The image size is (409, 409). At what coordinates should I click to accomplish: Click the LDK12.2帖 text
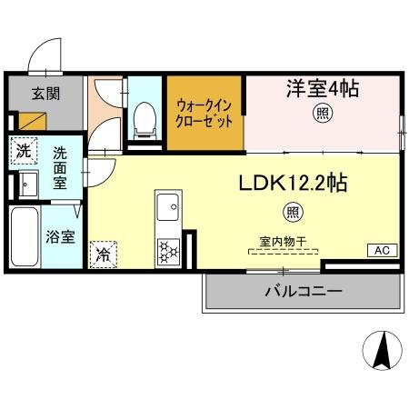[292, 183]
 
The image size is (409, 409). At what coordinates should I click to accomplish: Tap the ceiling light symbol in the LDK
[293, 214]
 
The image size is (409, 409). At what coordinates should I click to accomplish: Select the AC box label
[382, 250]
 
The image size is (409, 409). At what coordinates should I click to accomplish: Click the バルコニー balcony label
[303, 292]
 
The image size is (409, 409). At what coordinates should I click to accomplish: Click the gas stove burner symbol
[169, 248]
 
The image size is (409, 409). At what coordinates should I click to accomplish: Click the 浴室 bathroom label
[61, 239]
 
